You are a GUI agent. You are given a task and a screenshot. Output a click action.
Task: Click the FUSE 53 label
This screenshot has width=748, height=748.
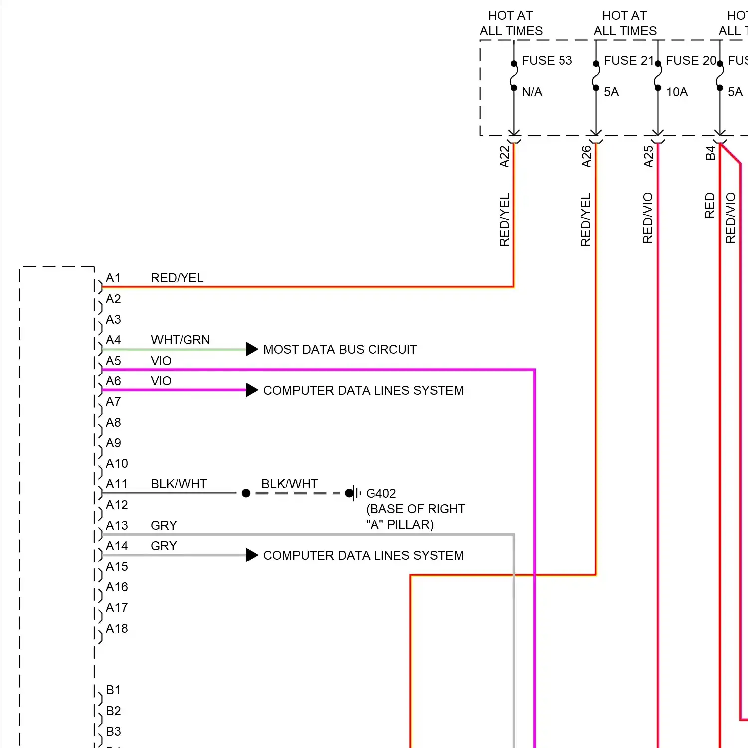tap(547, 61)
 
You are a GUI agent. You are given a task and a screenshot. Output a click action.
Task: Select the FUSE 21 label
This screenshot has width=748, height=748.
tap(628, 61)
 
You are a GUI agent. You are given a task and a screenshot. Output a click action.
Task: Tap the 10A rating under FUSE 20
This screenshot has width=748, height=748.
tap(677, 92)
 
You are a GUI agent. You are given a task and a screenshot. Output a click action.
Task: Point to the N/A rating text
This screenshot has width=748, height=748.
tap(532, 92)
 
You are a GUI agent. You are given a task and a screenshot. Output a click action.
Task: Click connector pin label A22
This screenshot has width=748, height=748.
tap(505, 156)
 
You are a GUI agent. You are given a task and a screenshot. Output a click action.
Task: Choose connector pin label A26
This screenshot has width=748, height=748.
tap(586, 156)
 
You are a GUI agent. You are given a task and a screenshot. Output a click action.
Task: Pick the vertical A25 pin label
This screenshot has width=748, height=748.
tap(648, 156)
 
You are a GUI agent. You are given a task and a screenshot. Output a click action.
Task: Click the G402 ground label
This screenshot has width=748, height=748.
tap(381, 494)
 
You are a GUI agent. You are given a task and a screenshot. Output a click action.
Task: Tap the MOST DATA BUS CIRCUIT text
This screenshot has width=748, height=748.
tap(340, 350)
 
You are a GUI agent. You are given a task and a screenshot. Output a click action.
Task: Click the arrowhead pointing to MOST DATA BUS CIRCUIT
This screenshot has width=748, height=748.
tap(252, 349)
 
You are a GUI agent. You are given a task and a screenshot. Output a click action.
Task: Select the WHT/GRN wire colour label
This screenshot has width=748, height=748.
tap(180, 340)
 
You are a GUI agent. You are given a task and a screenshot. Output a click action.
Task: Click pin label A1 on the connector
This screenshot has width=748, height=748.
tap(113, 278)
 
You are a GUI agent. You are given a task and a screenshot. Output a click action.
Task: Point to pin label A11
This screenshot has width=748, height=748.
tap(117, 484)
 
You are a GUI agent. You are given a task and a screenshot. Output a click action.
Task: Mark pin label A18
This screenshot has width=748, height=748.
tap(117, 629)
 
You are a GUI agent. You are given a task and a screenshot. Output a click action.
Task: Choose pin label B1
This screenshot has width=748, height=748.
tap(113, 690)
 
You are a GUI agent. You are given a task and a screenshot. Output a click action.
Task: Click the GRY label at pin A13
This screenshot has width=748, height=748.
tap(164, 526)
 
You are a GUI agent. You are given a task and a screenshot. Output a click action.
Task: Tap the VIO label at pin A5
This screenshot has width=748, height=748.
tap(161, 361)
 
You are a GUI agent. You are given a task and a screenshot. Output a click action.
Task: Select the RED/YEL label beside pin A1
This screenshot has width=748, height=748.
tap(177, 278)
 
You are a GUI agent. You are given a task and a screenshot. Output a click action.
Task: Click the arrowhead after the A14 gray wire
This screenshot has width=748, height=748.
tap(252, 555)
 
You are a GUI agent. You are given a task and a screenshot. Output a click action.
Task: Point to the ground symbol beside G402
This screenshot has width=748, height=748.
tap(356, 493)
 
